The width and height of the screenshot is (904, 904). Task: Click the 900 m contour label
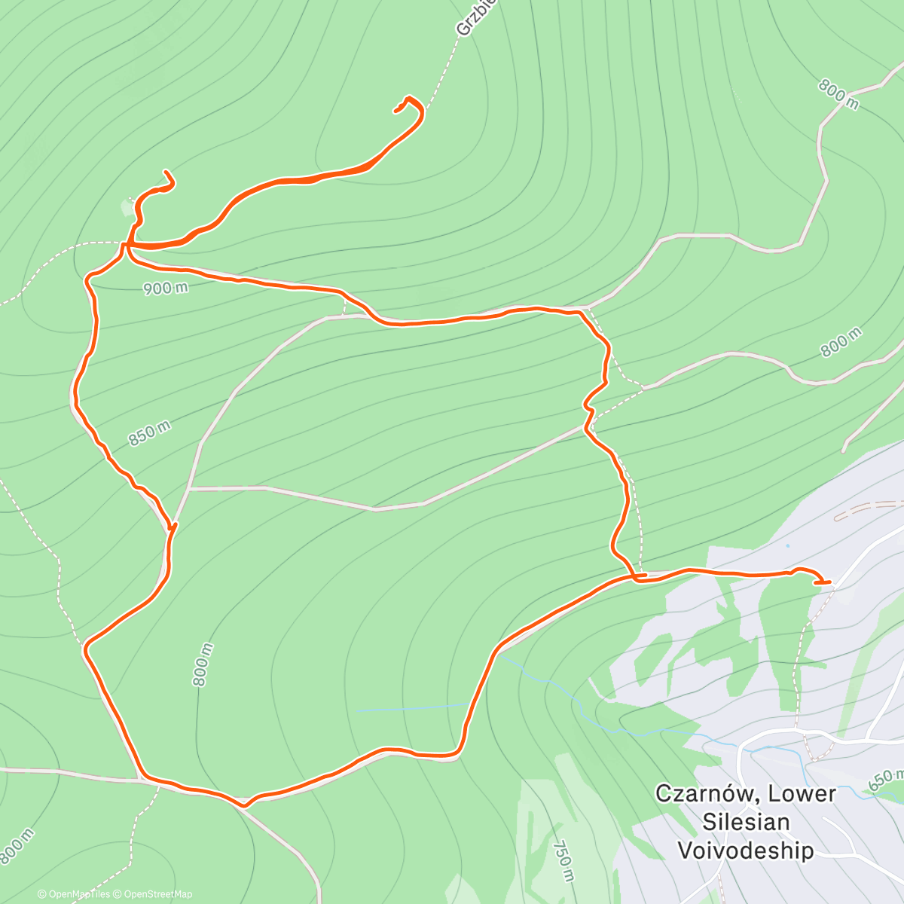click(166, 288)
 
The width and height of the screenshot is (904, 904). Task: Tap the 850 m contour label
click(149, 433)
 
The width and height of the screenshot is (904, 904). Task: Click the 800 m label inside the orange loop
click(202, 664)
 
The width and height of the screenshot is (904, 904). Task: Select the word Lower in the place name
click(802, 793)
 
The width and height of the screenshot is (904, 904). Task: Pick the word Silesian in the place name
click(746, 822)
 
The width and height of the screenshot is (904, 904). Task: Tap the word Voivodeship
click(746, 851)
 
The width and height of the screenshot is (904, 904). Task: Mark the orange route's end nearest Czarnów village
click(829, 582)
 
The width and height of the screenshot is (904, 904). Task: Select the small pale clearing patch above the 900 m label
click(127, 205)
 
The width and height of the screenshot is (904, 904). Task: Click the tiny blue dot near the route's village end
click(787, 545)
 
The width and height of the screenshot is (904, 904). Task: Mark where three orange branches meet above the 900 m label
click(129, 245)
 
